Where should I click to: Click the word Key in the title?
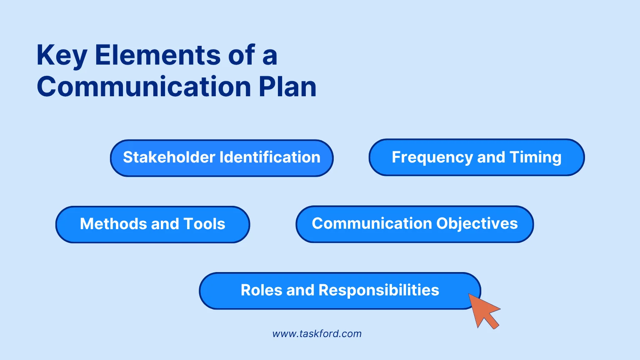coord(62,55)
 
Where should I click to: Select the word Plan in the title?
coord(287,87)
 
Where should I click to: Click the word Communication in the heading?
coord(144,87)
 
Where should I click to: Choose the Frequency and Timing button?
coord(476,157)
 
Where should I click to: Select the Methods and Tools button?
coord(152,224)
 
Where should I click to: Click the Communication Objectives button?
coord(415,224)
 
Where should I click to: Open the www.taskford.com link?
coord(317,334)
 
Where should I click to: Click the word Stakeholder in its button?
coord(169,157)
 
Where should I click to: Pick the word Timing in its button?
coord(535,158)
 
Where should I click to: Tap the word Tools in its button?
coord(204,224)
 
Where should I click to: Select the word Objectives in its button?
coord(477,224)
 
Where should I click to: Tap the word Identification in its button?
coord(270,157)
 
